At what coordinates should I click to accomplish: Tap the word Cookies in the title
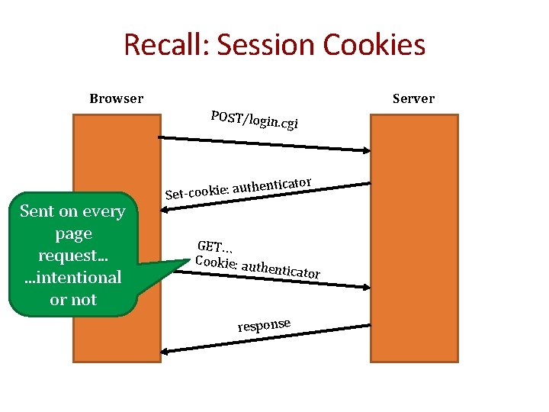374,45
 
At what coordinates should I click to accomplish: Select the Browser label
116,98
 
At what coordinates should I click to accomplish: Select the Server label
413,98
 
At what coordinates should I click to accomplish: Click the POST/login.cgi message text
255,120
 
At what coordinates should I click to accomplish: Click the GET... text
215,246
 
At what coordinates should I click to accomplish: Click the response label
264,325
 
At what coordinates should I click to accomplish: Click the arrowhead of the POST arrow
365,145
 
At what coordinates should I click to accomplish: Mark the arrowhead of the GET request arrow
365,287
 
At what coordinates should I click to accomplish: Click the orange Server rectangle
414,237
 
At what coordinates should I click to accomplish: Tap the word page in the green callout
73,233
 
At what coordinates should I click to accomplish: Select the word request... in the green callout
73,256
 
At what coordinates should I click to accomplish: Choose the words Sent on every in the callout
73,211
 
